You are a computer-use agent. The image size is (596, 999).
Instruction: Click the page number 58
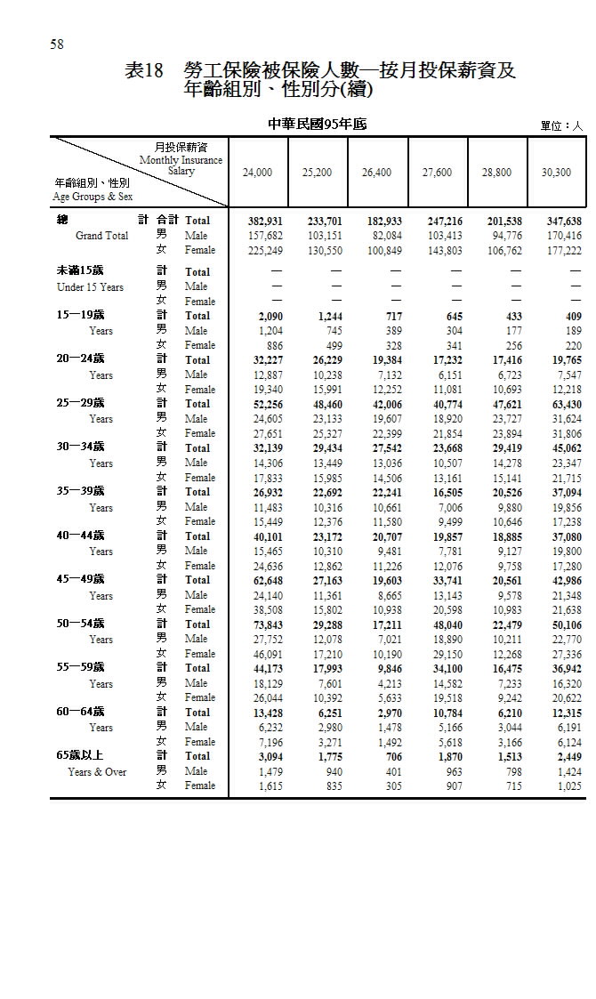57,44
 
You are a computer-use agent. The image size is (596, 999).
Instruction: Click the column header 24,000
258,173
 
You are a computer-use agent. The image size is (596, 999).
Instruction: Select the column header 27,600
437,173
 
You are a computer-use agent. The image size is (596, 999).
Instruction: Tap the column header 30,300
556,173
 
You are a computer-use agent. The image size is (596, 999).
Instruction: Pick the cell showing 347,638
560,221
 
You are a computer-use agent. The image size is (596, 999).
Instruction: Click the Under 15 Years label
90,287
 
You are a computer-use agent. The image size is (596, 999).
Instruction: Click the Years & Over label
97,772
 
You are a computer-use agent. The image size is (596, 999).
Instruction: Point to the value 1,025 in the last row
568,786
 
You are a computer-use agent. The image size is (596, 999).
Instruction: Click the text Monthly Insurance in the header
181,160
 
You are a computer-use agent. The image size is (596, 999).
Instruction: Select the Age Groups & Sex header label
93,197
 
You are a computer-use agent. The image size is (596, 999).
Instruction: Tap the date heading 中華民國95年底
318,125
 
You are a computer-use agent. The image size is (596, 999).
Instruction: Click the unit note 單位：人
560,126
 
